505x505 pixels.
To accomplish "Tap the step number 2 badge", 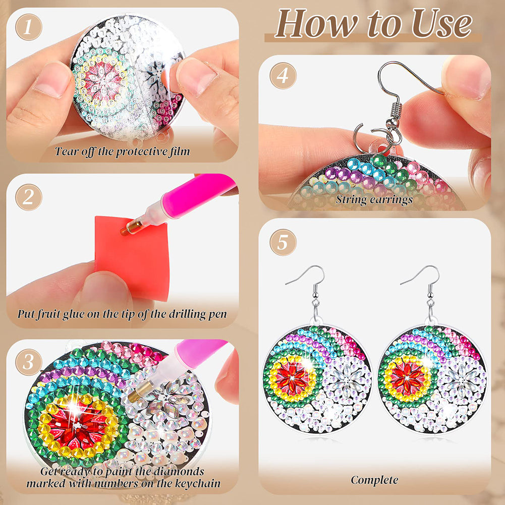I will pos(28,197).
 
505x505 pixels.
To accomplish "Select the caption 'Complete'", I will pos(374,480).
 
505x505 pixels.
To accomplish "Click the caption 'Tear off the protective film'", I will pos(123,151).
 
